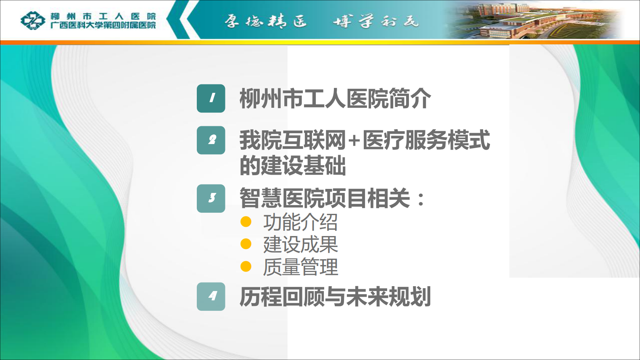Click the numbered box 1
(211, 98)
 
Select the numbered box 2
(211, 140)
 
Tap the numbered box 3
(211, 198)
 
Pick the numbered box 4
(211, 297)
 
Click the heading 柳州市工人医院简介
(335, 98)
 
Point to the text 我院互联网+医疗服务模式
(365, 140)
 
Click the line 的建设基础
(293, 165)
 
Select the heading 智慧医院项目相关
(325, 198)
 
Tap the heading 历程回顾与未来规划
(335, 297)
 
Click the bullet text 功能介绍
(300, 222)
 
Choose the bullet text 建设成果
(300, 245)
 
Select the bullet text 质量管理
(300, 267)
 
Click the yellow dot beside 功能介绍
(246, 222)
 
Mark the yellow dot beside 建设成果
(246, 244)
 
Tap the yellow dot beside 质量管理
(246, 266)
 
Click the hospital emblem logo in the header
(33, 20)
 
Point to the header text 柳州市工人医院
(103, 16)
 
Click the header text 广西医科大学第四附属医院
(103, 25)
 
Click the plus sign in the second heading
(354, 140)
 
